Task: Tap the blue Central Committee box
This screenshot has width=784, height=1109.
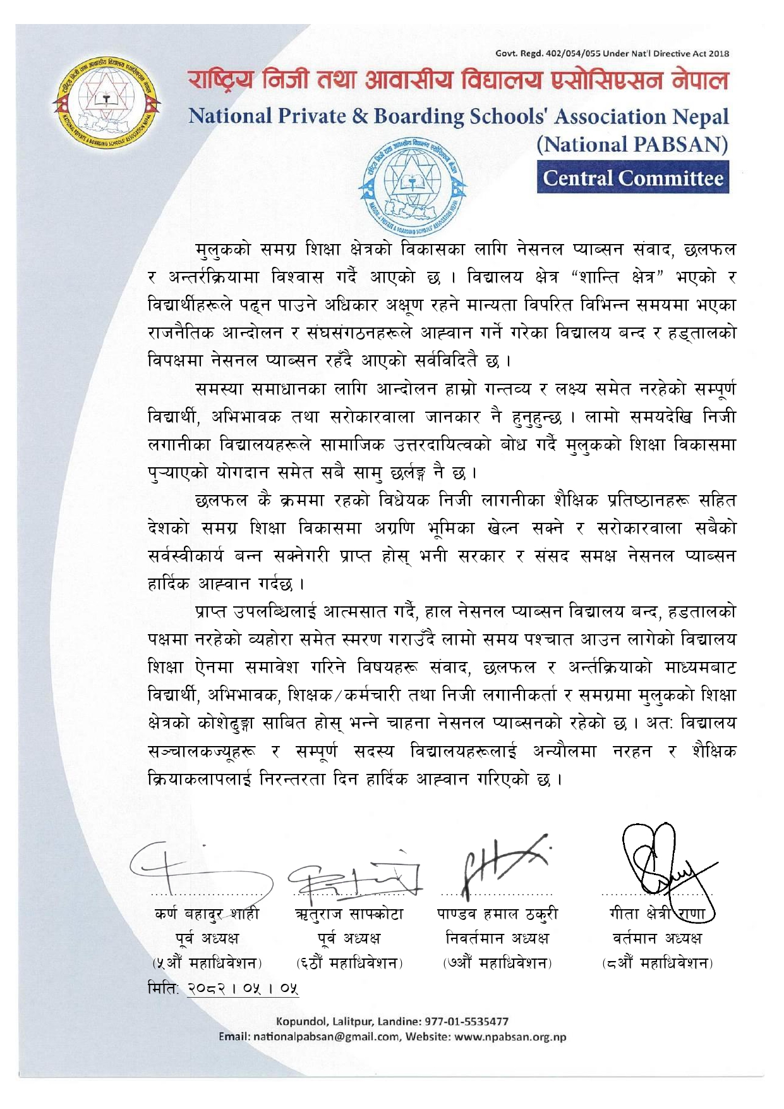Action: [x=633, y=178]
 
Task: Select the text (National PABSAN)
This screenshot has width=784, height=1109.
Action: [x=632, y=145]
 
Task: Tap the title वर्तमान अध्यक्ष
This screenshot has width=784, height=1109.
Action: [x=657, y=938]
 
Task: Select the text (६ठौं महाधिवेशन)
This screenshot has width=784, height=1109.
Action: [x=349, y=963]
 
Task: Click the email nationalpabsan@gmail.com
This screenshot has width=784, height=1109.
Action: [x=326, y=1037]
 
